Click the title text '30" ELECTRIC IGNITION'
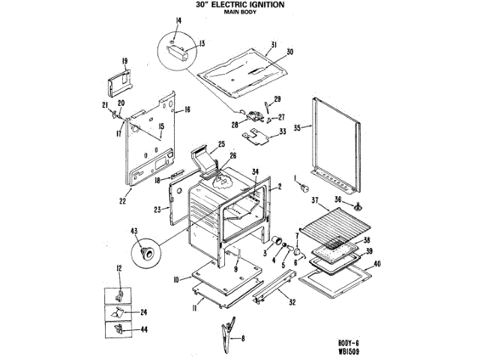pyautogui.click(x=239, y=4)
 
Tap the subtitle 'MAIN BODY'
pyautogui.click(x=240, y=13)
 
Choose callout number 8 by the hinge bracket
pyautogui.click(x=243, y=339)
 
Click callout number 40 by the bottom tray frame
pyautogui.click(x=377, y=263)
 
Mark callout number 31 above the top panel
pyautogui.click(x=274, y=44)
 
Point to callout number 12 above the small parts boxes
pyautogui.click(x=118, y=268)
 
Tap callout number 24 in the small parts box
pyautogui.click(x=142, y=311)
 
